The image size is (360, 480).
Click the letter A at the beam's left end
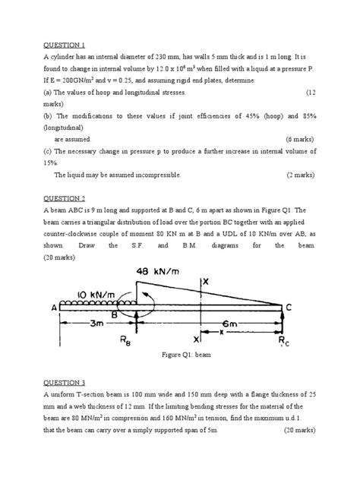52,308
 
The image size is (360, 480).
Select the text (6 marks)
300,140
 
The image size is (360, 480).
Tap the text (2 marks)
300,175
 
